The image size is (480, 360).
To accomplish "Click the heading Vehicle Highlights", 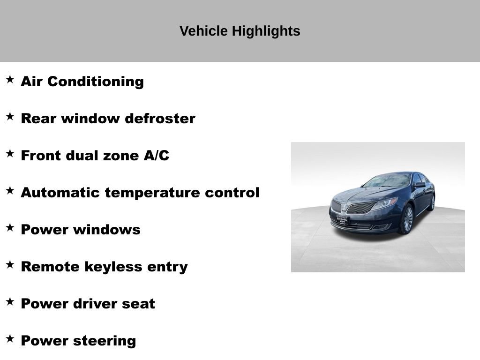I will [240, 31].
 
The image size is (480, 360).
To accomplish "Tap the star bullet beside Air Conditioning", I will [10, 79].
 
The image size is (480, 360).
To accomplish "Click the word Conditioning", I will [96, 82].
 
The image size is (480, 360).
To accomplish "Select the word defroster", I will [160, 119].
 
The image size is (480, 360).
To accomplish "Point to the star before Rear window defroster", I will [10, 116].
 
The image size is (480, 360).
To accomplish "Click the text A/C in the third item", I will [156, 156].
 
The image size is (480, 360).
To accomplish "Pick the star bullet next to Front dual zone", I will [10, 153].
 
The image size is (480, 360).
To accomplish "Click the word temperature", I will [153, 193].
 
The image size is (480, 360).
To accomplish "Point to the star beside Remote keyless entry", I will [10, 264].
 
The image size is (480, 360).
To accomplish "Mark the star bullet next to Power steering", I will [10, 338].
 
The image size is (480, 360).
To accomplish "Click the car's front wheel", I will [405, 219].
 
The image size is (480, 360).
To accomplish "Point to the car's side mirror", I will [419, 185].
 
